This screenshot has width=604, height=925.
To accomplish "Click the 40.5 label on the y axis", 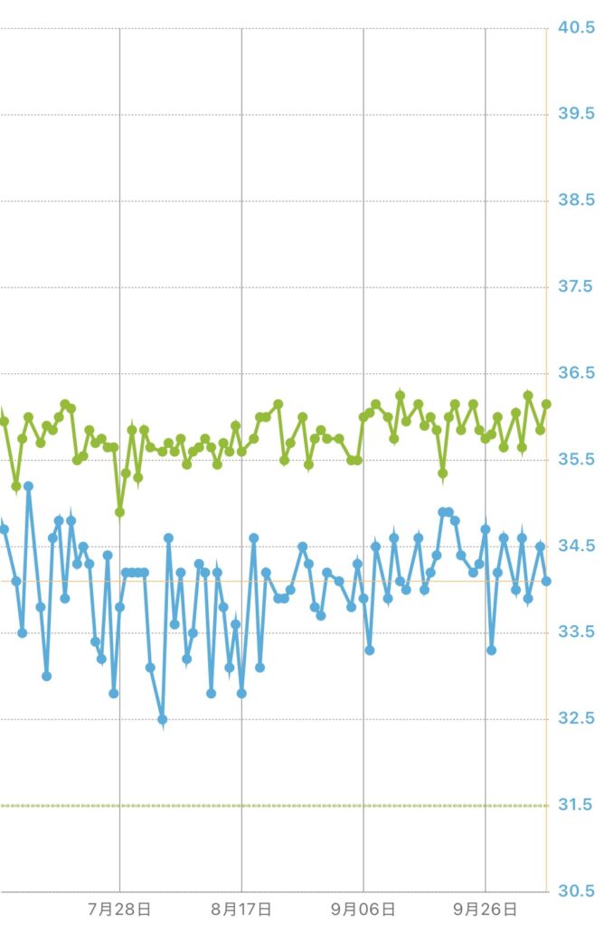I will [x=576, y=28].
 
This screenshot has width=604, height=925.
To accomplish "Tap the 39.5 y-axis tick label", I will [x=576, y=114].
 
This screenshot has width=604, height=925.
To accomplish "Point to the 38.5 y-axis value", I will [x=576, y=201].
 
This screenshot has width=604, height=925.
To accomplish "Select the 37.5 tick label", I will [x=576, y=287].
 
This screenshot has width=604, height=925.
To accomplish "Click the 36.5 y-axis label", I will [x=576, y=373].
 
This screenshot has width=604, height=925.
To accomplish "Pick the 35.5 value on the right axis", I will [x=576, y=460].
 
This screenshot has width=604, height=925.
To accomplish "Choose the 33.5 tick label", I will [x=576, y=632].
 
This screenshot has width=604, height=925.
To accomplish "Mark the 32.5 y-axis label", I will [x=576, y=719].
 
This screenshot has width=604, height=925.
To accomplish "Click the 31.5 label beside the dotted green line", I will [x=576, y=805].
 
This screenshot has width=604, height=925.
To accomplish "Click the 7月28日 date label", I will [x=120, y=908].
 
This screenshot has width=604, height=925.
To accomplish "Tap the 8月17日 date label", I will [x=241, y=908].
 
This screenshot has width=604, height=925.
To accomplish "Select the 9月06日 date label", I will [x=363, y=908].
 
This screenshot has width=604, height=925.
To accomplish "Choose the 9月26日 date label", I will [x=486, y=908].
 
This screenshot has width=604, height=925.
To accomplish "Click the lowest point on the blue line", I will [x=163, y=719].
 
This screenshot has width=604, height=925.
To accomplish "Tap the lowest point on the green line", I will [x=120, y=512].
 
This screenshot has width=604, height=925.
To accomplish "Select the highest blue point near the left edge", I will [x=28, y=486].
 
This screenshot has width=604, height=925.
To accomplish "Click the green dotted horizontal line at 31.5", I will [x=271, y=805].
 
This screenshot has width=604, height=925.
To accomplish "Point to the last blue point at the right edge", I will [x=546, y=581].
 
